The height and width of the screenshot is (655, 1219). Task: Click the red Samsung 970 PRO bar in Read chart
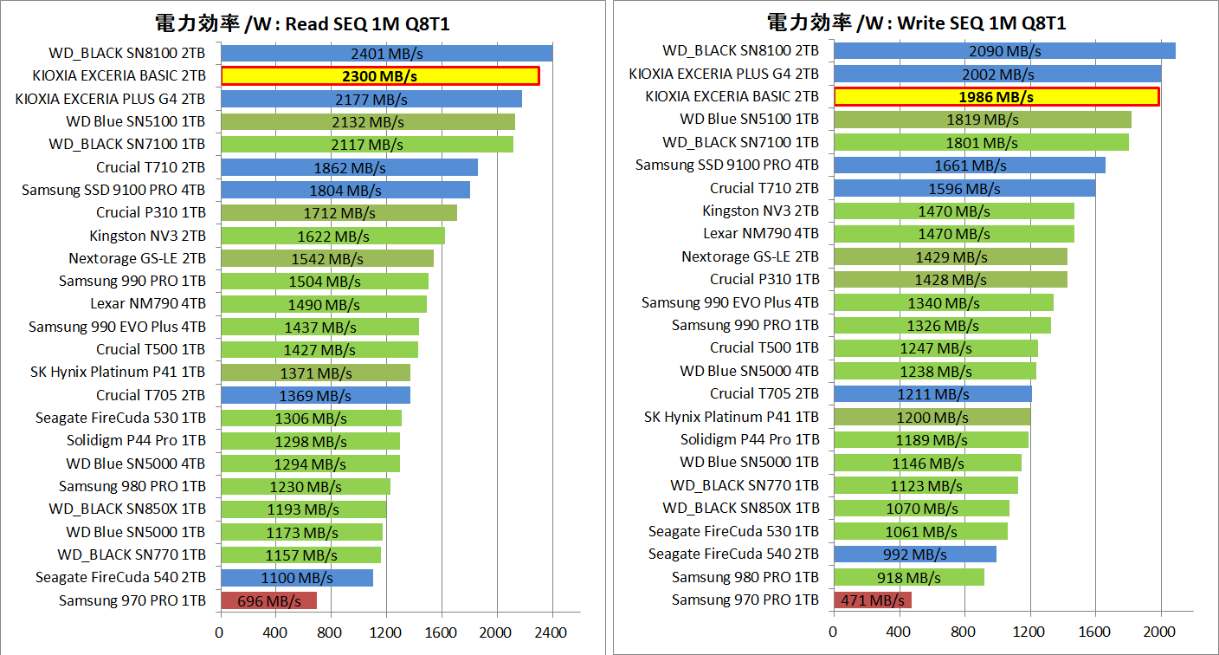pos(268,600)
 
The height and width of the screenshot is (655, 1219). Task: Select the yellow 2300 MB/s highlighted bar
pos(380,76)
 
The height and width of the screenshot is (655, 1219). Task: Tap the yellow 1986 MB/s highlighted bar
pos(996,96)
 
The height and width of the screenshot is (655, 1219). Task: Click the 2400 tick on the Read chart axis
pos(552,633)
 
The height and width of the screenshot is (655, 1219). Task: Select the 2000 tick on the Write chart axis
pos(1161,632)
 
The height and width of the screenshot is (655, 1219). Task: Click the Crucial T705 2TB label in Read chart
pos(151,395)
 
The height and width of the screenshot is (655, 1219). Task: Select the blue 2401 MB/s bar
pos(386,54)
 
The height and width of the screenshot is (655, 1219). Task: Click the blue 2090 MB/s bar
pos(1004,51)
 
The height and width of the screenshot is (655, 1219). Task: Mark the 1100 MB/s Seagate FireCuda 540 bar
pos(296,578)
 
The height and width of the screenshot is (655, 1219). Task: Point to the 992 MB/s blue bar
pos(914,554)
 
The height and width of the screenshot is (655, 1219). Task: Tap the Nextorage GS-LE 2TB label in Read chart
pos(137,258)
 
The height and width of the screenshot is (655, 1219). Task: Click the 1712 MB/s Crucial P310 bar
pos(338,213)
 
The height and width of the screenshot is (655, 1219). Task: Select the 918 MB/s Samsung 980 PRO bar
pos(908,577)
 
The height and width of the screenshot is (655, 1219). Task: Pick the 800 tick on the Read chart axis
pos(331,633)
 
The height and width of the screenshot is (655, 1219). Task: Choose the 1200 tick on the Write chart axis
pos(1029,632)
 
